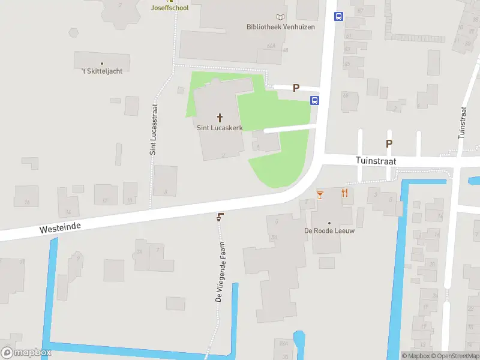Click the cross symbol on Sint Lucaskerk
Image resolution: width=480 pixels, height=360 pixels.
click(x=220, y=117)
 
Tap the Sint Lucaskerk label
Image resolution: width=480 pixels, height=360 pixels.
click(x=220, y=128)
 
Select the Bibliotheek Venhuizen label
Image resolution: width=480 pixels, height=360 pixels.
click(x=273, y=26)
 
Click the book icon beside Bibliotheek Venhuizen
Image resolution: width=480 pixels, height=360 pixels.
click(x=280, y=17)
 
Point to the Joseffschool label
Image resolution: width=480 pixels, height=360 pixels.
click(x=170, y=8)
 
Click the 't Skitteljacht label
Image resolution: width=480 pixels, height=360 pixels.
click(x=102, y=71)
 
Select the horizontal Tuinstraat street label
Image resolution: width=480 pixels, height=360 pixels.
click(x=376, y=161)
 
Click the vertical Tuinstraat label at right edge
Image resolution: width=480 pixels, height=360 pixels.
click(x=462, y=123)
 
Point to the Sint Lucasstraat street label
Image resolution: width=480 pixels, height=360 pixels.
click(x=154, y=129)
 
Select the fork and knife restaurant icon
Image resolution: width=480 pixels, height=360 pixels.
click(x=344, y=193)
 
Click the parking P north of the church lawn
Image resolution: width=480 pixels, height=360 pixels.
click(x=296, y=88)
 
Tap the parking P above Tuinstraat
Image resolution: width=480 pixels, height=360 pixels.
click(x=389, y=143)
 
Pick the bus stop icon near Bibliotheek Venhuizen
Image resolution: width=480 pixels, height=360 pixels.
click(x=338, y=16)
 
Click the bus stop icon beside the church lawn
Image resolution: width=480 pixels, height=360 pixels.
click(x=314, y=100)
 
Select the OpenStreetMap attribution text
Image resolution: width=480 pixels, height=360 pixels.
click(x=454, y=356)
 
